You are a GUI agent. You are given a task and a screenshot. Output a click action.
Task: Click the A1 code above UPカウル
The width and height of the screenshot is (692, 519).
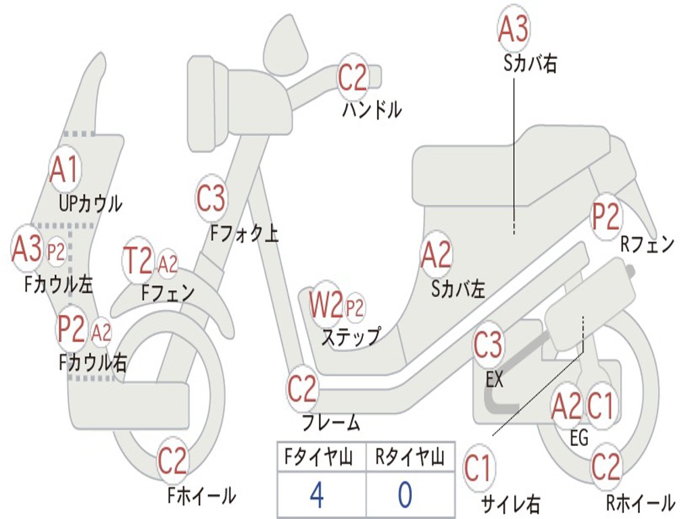pos(65,170)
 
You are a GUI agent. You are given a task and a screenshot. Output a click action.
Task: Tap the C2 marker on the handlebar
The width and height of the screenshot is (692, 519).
pos(352,78)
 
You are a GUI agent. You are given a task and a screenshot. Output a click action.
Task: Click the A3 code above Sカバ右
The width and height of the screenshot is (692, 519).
pos(513,29)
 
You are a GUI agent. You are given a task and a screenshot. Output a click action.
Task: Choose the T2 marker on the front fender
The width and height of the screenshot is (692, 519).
pos(138,262)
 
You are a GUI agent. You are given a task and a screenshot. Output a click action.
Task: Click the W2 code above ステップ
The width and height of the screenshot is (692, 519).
pos(326,306)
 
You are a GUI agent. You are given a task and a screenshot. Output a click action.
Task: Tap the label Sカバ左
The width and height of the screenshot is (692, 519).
pos(458,289)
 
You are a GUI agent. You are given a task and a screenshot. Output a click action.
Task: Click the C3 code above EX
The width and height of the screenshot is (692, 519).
pos(488,345)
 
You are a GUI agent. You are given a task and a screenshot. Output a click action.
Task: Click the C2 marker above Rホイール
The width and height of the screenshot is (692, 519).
pos(605,467)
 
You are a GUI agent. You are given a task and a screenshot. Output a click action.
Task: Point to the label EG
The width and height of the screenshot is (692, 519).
pos(579,438)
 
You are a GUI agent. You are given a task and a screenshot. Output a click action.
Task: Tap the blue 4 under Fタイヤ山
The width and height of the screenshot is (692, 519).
pos(316,495)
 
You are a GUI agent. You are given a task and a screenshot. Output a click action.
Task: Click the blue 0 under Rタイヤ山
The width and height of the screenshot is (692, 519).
pos(405,495)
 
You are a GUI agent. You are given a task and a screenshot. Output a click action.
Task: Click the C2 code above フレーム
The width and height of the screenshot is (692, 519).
pos(303,389)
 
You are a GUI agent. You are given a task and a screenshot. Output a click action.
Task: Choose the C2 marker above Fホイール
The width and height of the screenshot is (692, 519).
pos(172,462)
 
